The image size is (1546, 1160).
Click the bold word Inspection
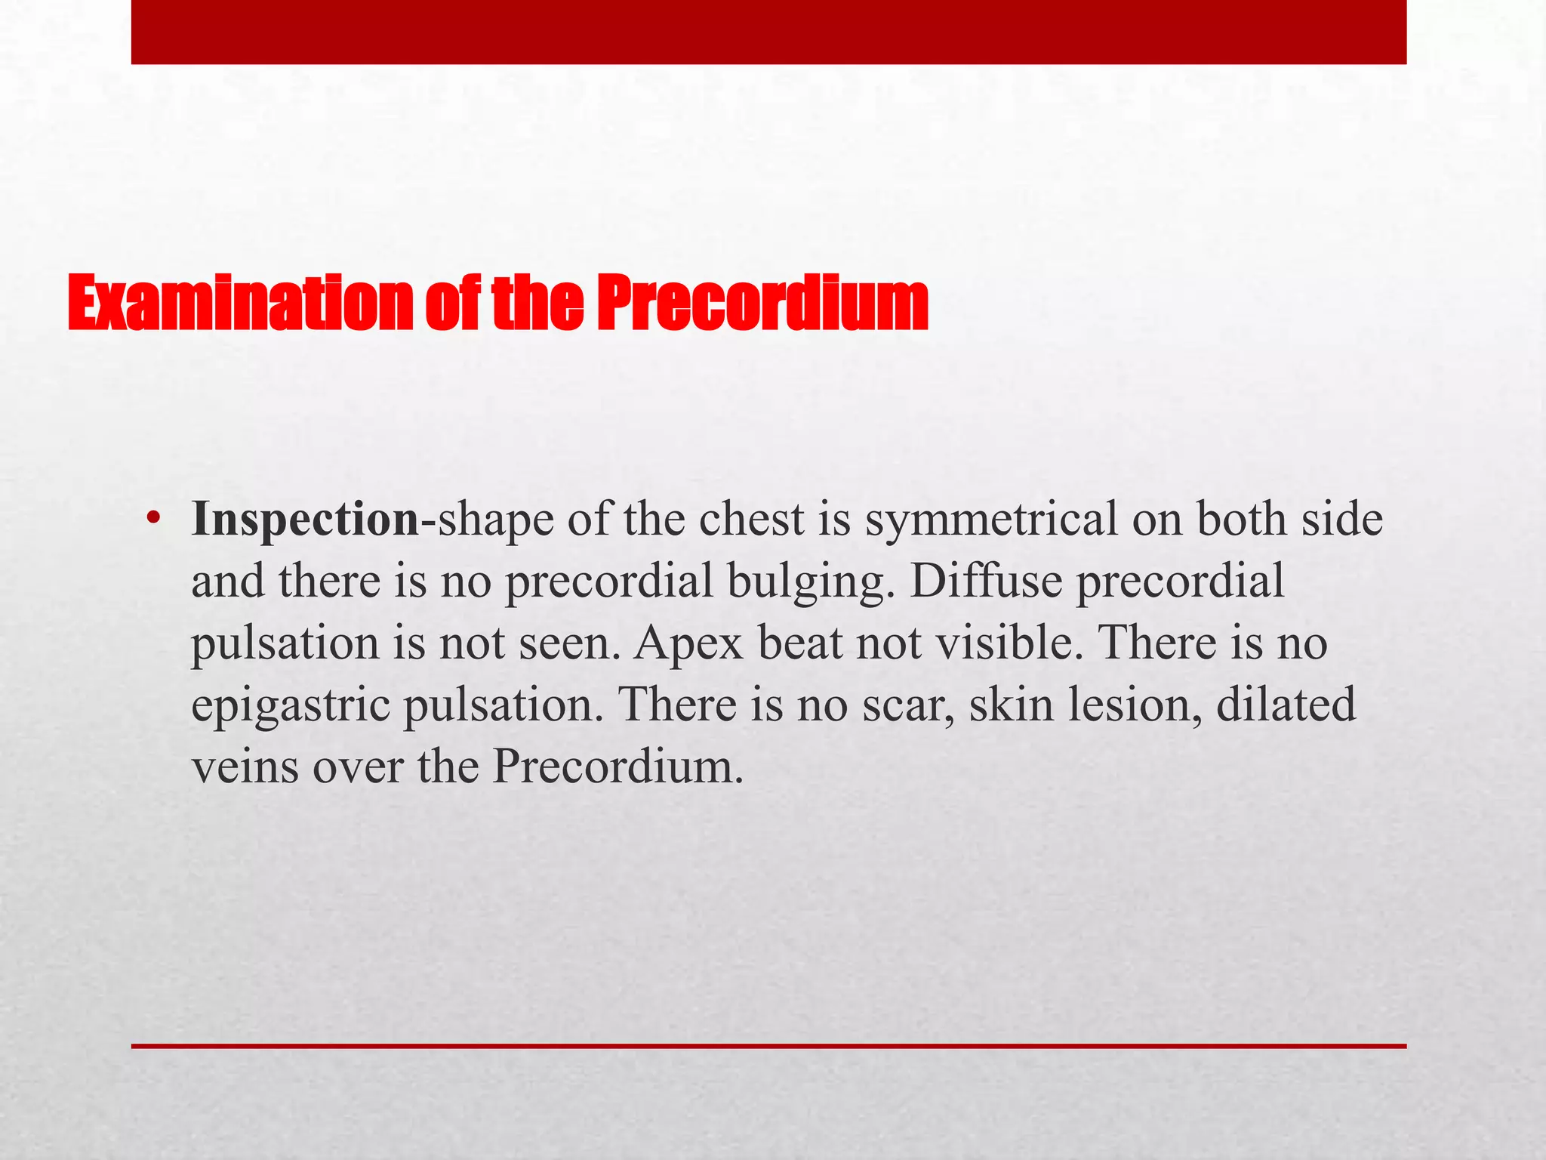tap(305, 520)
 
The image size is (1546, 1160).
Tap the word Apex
tap(688, 644)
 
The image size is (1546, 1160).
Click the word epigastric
tap(290, 706)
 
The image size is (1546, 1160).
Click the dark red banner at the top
tap(768, 32)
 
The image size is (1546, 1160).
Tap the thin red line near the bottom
tap(768, 1046)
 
